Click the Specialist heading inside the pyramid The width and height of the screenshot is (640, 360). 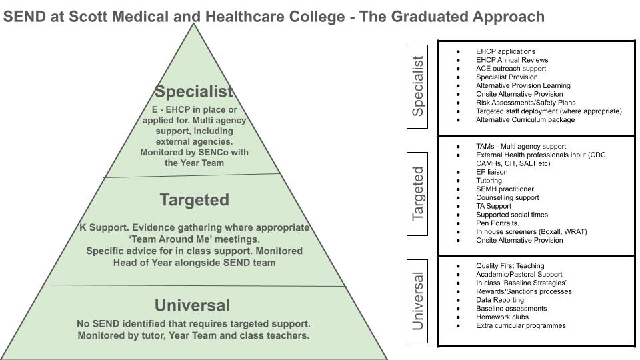194,91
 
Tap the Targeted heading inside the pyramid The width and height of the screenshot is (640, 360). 194,200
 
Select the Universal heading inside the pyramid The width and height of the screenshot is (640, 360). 192,305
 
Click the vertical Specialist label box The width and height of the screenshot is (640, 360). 418,85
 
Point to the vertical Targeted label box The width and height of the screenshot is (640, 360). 418,193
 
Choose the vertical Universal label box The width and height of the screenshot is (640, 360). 418,300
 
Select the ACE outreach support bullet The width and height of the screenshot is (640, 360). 511,69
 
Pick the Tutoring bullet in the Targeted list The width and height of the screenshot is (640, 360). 489,181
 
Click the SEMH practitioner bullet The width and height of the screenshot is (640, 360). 505,189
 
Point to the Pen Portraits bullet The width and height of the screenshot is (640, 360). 497,223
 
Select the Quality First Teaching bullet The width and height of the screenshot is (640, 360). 510,266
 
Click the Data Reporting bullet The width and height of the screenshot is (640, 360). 500,300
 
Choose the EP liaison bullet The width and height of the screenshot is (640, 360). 491,172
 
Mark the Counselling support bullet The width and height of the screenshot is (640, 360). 507,198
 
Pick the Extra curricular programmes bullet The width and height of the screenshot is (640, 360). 521,326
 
